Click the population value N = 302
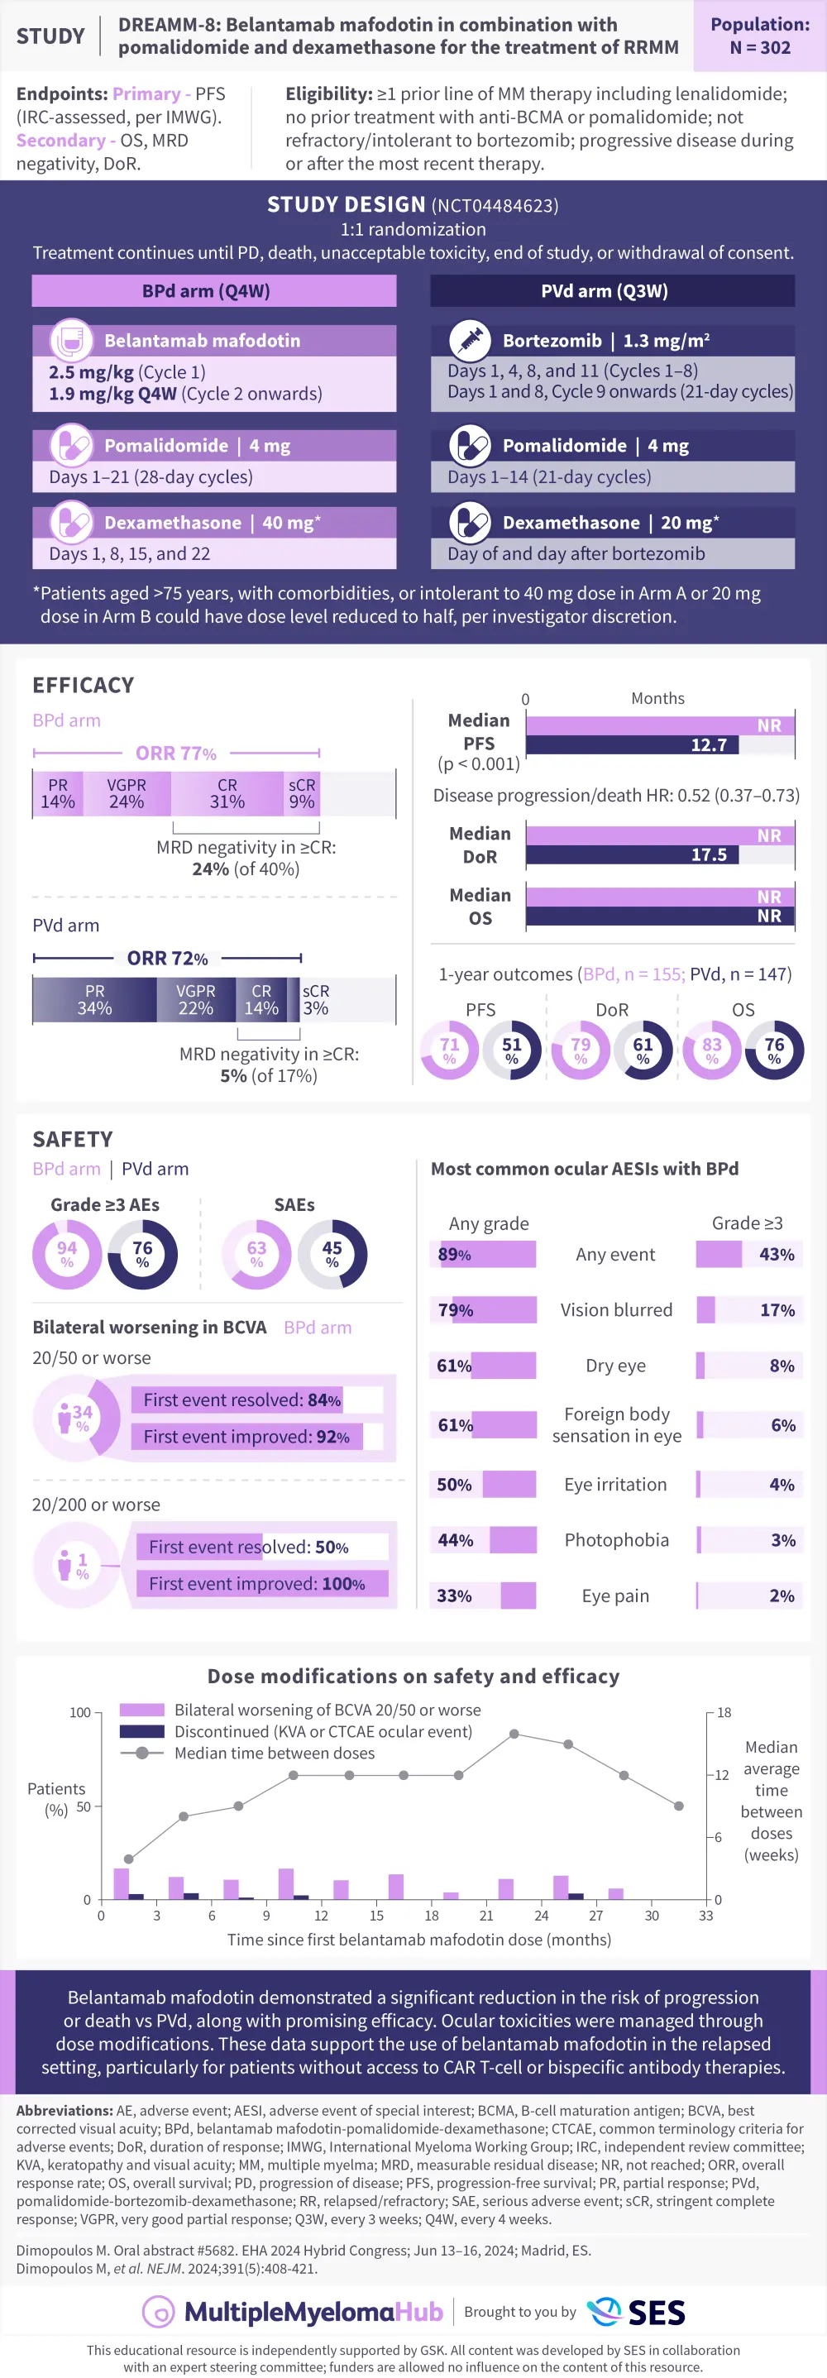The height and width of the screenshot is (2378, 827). point(760,47)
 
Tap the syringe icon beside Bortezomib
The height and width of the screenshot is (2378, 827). point(470,340)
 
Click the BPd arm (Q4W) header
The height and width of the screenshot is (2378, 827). point(214,291)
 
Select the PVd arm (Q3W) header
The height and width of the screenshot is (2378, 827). point(612,291)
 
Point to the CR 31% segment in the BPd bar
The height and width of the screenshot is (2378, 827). point(227,794)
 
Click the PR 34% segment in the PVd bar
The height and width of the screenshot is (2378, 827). point(94,1000)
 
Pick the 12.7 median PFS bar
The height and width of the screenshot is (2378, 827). point(633,745)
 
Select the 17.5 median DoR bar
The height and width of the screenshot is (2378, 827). point(633,854)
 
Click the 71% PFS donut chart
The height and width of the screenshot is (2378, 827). point(450,1050)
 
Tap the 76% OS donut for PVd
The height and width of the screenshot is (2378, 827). point(774,1050)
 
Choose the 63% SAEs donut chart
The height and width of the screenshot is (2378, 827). point(256,1254)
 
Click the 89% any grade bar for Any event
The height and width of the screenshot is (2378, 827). point(483,1255)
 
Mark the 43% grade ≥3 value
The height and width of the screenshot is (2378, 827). point(777,1255)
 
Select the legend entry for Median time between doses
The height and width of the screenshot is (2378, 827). point(274,1753)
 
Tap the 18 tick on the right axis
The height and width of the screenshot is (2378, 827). point(724,1712)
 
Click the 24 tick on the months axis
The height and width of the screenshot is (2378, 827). point(542,1916)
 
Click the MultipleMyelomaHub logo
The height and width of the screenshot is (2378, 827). point(293,2312)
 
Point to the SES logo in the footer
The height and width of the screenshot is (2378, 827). point(637,2312)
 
